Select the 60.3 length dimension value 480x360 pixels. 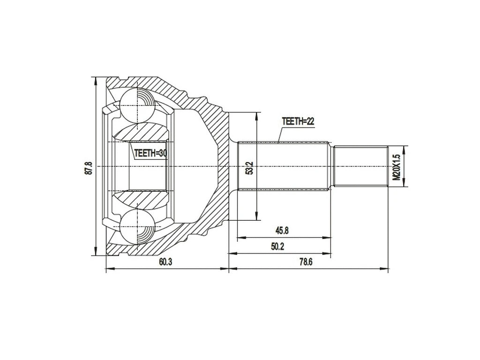(165, 262)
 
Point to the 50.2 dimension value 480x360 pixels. (278, 247)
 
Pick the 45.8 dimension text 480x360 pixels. (282, 230)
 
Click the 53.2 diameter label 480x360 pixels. (250, 168)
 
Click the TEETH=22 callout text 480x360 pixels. (297, 121)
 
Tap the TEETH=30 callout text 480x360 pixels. (150, 153)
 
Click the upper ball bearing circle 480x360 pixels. (136, 104)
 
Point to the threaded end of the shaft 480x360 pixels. (360, 166)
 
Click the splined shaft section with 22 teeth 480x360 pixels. (284, 166)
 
